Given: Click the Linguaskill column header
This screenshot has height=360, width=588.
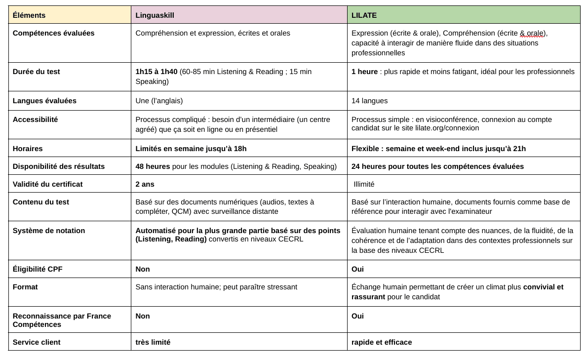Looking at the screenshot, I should [x=155, y=15].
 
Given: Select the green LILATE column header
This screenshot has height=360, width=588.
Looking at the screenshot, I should [x=364, y=15].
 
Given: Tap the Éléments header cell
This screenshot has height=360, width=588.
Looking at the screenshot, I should [x=29, y=15].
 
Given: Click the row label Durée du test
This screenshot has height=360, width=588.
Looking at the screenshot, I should [x=37, y=72].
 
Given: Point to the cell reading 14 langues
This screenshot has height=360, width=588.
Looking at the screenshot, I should [x=369, y=101].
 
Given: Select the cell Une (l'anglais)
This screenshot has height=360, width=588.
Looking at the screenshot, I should [x=159, y=101].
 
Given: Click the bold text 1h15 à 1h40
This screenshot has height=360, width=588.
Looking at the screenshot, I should [x=156, y=72].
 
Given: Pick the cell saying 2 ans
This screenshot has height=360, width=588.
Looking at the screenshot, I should [x=145, y=184].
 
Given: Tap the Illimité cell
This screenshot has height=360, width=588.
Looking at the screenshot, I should [x=364, y=184].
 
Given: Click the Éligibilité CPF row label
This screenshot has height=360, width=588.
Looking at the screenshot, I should [x=38, y=269].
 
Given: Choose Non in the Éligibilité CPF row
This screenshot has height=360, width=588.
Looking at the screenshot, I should [x=143, y=269].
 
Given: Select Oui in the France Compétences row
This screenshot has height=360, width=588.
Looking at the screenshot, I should [x=357, y=316].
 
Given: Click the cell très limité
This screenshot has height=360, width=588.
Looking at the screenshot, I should [x=153, y=342].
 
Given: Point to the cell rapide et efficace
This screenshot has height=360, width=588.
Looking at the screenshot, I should [x=381, y=342].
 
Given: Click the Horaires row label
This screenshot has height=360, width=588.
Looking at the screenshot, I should [x=28, y=149].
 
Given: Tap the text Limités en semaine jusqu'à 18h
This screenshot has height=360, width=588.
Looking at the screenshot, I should [x=191, y=149].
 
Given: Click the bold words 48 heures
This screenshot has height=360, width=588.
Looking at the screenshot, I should [x=153, y=166].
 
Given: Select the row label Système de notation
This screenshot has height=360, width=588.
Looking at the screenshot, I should [x=49, y=231].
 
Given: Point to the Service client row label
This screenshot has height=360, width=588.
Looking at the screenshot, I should [x=37, y=342].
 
